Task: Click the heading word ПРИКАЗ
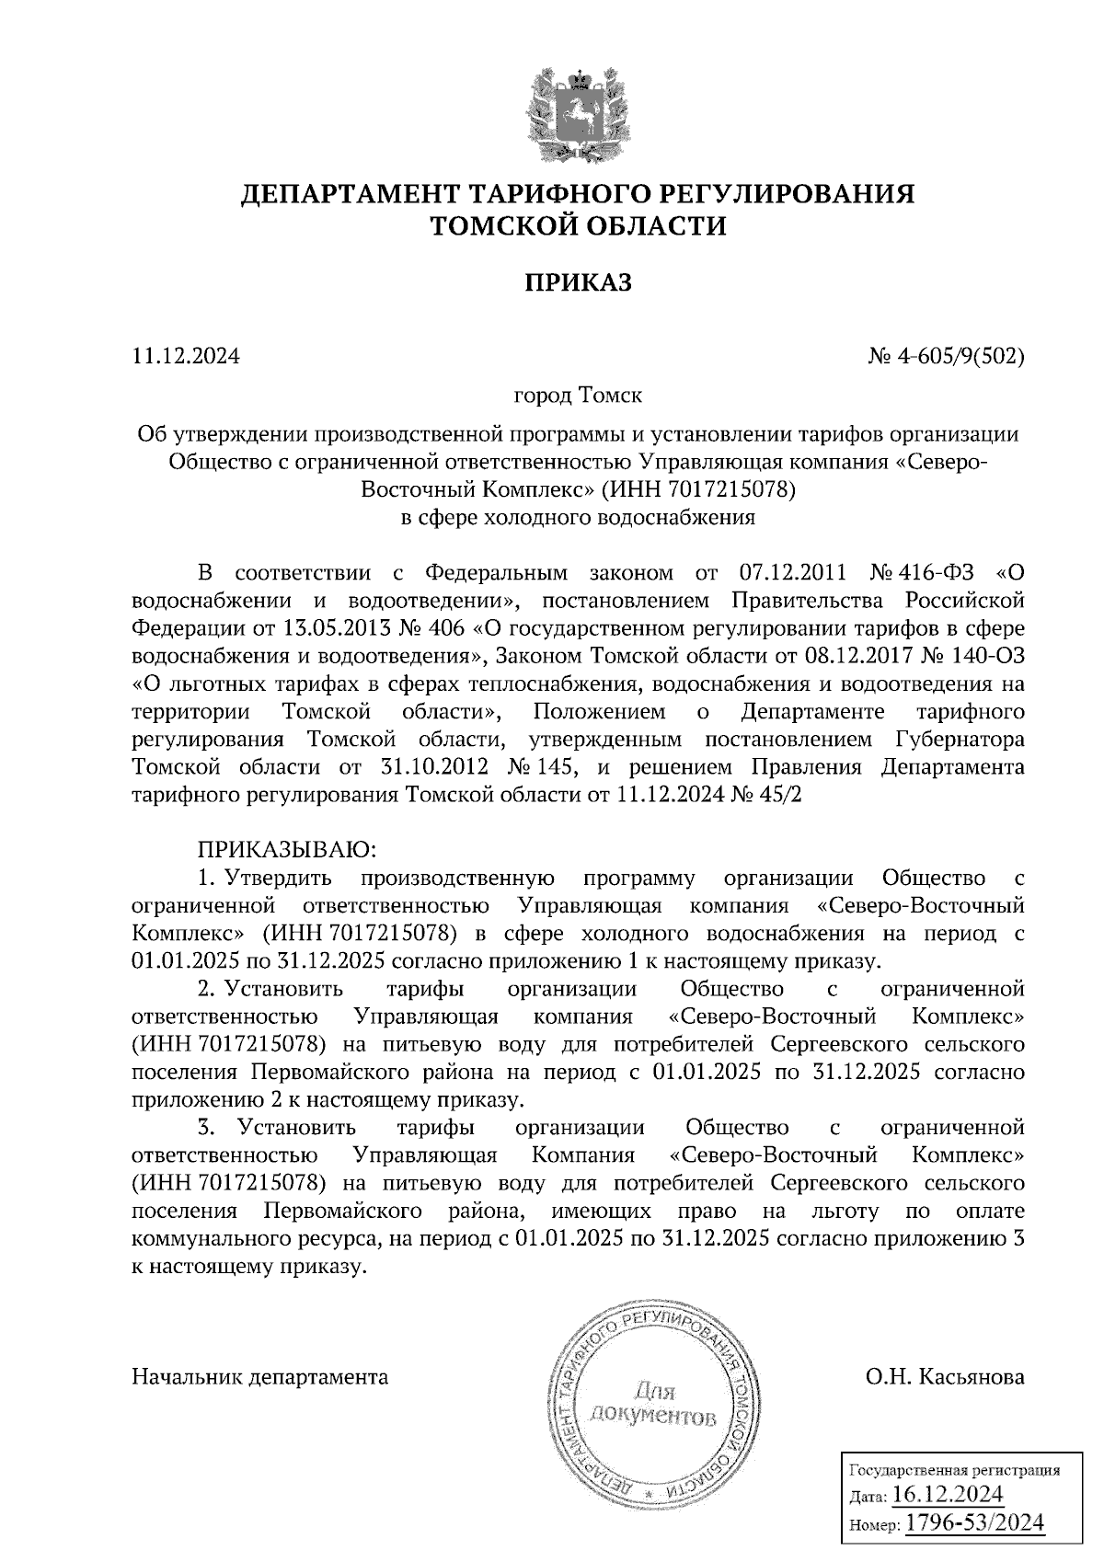tap(578, 282)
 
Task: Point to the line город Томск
tap(578, 396)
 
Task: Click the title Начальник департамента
tap(260, 1377)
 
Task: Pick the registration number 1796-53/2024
tap(975, 1523)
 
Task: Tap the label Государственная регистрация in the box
tap(953, 1470)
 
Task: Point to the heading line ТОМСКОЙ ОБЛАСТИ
tap(579, 226)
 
